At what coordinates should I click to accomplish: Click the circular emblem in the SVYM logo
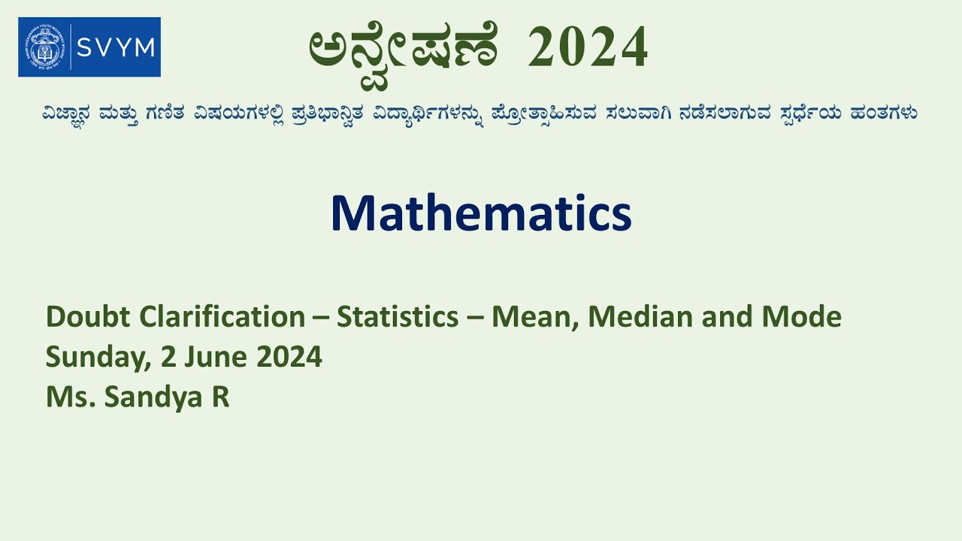click(x=44, y=47)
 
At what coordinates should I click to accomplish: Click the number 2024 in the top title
click(x=588, y=47)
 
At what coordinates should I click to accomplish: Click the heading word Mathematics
click(x=481, y=213)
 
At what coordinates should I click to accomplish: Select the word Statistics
click(x=398, y=317)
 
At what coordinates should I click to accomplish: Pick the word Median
click(x=640, y=317)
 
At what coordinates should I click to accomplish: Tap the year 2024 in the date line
click(x=289, y=357)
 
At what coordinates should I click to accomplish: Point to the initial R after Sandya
click(x=220, y=397)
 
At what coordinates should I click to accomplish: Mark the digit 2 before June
click(x=169, y=357)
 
